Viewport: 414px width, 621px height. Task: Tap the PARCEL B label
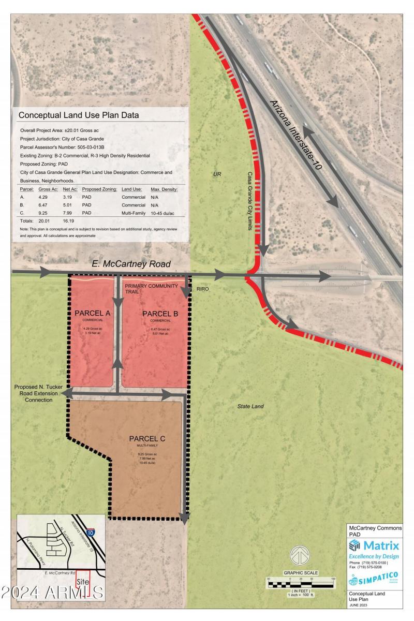[x=160, y=314]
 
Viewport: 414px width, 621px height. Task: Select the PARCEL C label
[x=147, y=439]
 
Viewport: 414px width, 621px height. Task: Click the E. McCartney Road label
[x=131, y=264]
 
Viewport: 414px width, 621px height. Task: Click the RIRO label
[x=202, y=289]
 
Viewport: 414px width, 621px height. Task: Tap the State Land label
[x=250, y=406]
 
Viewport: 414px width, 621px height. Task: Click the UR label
[x=217, y=174]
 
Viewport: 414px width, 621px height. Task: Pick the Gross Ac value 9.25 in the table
[x=44, y=213]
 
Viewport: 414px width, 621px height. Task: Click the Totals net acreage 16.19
[x=66, y=220]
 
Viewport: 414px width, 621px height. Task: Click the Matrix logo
[x=374, y=545]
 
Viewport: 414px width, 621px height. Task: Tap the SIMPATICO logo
[x=373, y=579]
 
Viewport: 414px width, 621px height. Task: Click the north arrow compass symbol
[x=299, y=556]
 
